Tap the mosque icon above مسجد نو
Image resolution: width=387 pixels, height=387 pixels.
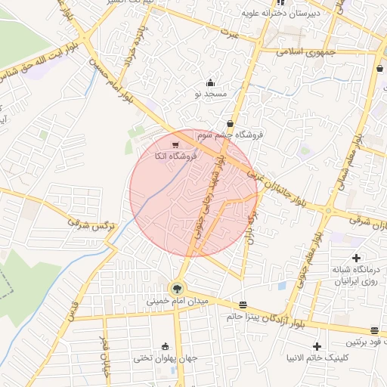210,82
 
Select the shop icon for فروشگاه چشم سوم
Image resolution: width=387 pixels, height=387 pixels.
230,124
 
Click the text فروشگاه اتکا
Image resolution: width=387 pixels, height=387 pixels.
175,155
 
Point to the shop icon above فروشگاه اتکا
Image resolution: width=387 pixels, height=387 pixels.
175,144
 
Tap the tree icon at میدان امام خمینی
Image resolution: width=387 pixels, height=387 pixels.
177,288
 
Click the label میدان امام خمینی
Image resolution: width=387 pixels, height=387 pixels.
175,301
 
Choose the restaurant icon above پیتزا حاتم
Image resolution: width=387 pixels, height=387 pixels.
242,305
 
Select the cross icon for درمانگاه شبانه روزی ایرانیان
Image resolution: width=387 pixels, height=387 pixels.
356,259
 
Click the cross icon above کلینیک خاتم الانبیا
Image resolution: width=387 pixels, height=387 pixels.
316,345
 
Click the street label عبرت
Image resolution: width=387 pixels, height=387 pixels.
229,34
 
